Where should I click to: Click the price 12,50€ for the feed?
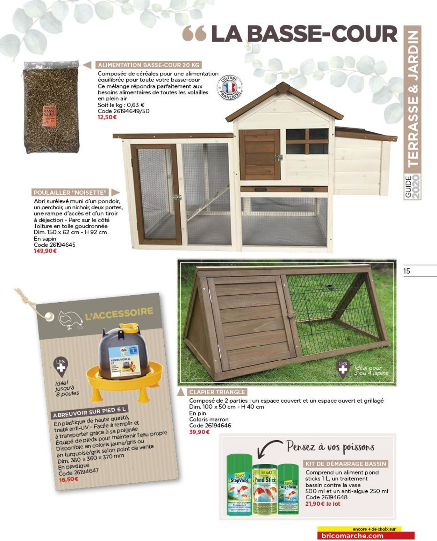(x=107, y=117)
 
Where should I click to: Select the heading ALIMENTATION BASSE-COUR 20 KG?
(x=149, y=65)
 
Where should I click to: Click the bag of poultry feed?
(x=51, y=107)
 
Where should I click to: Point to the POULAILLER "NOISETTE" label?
(x=70, y=193)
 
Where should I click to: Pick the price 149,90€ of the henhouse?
(x=45, y=251)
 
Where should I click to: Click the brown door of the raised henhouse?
(x=259, y=154)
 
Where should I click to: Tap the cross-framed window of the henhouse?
(x=307, y=141)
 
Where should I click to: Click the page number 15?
(x=407, y=271)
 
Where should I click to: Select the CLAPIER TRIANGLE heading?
(x=217, y=392)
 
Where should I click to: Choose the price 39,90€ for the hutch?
(x=199, y=432)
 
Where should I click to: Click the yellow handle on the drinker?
(x=128, y=328)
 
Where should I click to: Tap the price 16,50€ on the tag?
(x=69, y=479)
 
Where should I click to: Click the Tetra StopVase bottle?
(x=239, y=484)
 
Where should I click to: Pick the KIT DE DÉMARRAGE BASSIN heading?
(x=346, y=464)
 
